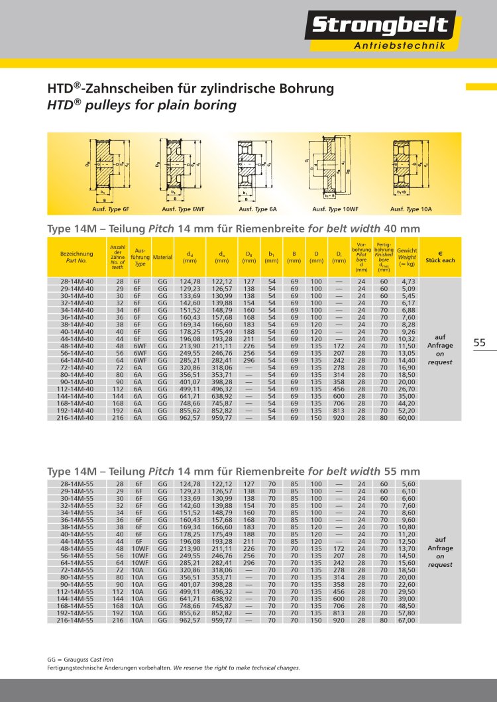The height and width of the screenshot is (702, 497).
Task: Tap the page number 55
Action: tap(480, 342)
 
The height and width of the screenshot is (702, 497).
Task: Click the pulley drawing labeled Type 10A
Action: tap(406, 167)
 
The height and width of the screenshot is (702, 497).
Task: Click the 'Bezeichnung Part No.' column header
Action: tap(77, 257)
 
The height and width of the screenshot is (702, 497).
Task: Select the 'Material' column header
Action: tap(162, 257)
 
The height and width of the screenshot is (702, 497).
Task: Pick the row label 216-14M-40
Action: tap(78, 418)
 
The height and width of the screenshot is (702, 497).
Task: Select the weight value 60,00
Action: tap(406, 418)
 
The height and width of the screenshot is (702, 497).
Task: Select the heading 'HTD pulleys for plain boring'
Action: tap(140, 105)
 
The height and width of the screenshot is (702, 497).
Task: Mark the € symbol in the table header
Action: tap(440, 252)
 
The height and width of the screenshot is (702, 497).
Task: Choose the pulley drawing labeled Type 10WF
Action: tap(329, 168)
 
